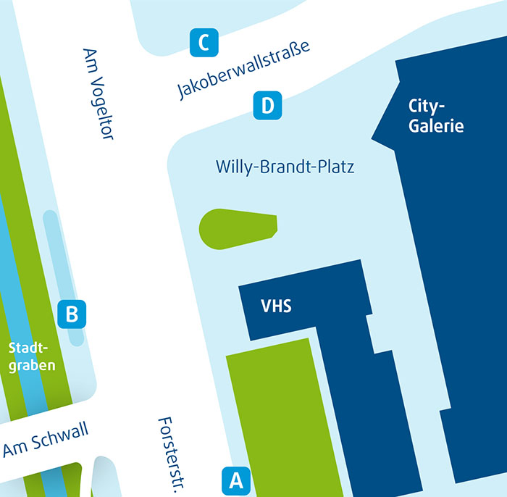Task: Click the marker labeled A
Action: (235, 480)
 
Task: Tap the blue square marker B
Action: (72, 314)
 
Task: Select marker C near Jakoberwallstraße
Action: (204, 42)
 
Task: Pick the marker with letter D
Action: (267, 106)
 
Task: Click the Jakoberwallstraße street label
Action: (243, 70)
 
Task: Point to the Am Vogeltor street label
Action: (99, 93)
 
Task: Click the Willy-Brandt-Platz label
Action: (285, 167)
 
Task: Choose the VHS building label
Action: (276, 306)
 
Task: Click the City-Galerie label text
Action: (435, 116)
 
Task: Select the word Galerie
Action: (435, 126)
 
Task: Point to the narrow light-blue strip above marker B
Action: (56, 254)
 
